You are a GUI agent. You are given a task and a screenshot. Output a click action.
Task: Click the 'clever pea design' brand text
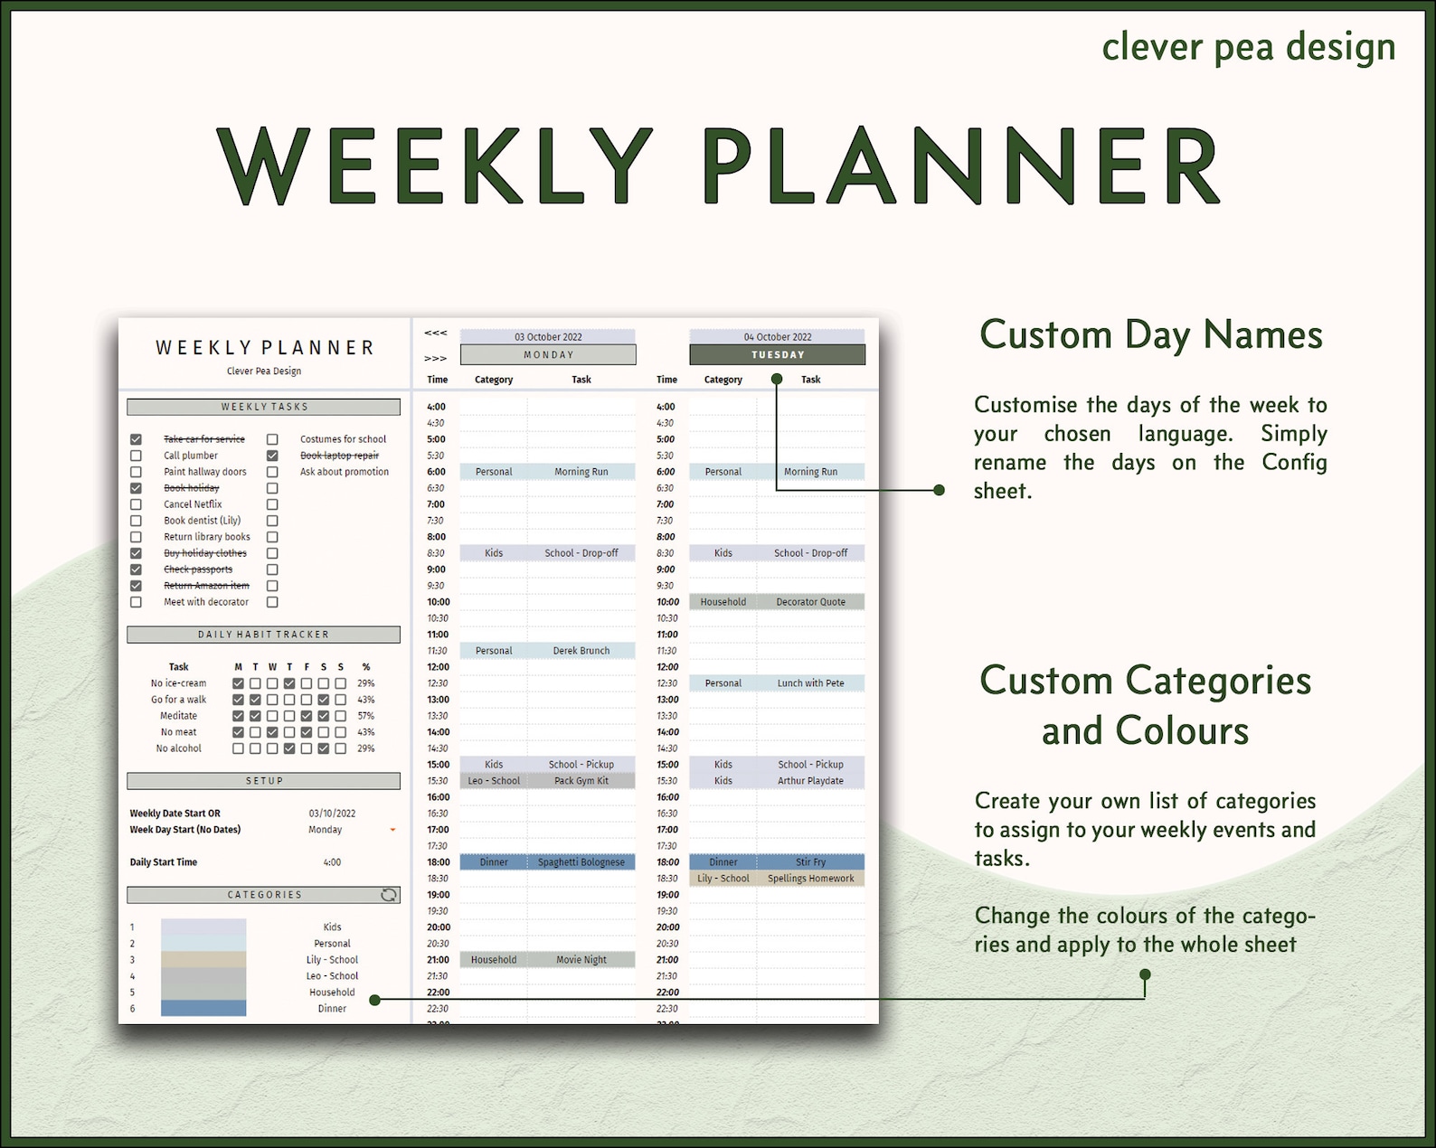coord(1248,47)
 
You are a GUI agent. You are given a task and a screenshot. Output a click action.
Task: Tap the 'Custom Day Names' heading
coord(1150,334)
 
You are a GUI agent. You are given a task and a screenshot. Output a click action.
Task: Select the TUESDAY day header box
coord(777,355)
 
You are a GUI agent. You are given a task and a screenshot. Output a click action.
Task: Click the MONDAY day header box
coord(548,355)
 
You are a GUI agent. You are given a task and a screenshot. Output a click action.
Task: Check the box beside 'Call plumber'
coord(136,456)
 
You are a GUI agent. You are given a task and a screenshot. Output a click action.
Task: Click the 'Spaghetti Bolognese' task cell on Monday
coord(581,862)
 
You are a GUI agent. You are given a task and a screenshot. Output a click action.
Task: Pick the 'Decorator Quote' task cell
coord(810,602)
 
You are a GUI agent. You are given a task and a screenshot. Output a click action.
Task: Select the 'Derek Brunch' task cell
coord(581,651)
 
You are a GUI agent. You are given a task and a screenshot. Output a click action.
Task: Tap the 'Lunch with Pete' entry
coord(810,683)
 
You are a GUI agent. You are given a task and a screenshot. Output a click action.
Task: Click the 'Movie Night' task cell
coord(581,960)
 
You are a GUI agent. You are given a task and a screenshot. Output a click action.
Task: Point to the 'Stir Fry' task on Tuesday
coord(810,862)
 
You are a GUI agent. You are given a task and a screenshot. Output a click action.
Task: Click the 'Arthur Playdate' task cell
coord(810,781)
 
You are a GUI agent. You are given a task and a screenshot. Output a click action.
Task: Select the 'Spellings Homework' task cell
coord(810,879)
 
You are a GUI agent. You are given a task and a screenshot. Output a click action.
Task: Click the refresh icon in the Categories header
coord(389,895)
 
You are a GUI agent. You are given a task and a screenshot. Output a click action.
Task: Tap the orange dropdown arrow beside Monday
coord(392,830)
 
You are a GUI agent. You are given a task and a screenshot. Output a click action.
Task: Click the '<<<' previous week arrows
coord(436,334)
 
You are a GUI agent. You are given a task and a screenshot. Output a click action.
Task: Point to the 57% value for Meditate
coord(365,716)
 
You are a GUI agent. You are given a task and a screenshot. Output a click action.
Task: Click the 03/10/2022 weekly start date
coord(332,814)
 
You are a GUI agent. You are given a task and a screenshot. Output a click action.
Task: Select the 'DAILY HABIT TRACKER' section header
coord(263,635)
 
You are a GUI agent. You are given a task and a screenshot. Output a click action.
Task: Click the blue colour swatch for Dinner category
coord(203,1009)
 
